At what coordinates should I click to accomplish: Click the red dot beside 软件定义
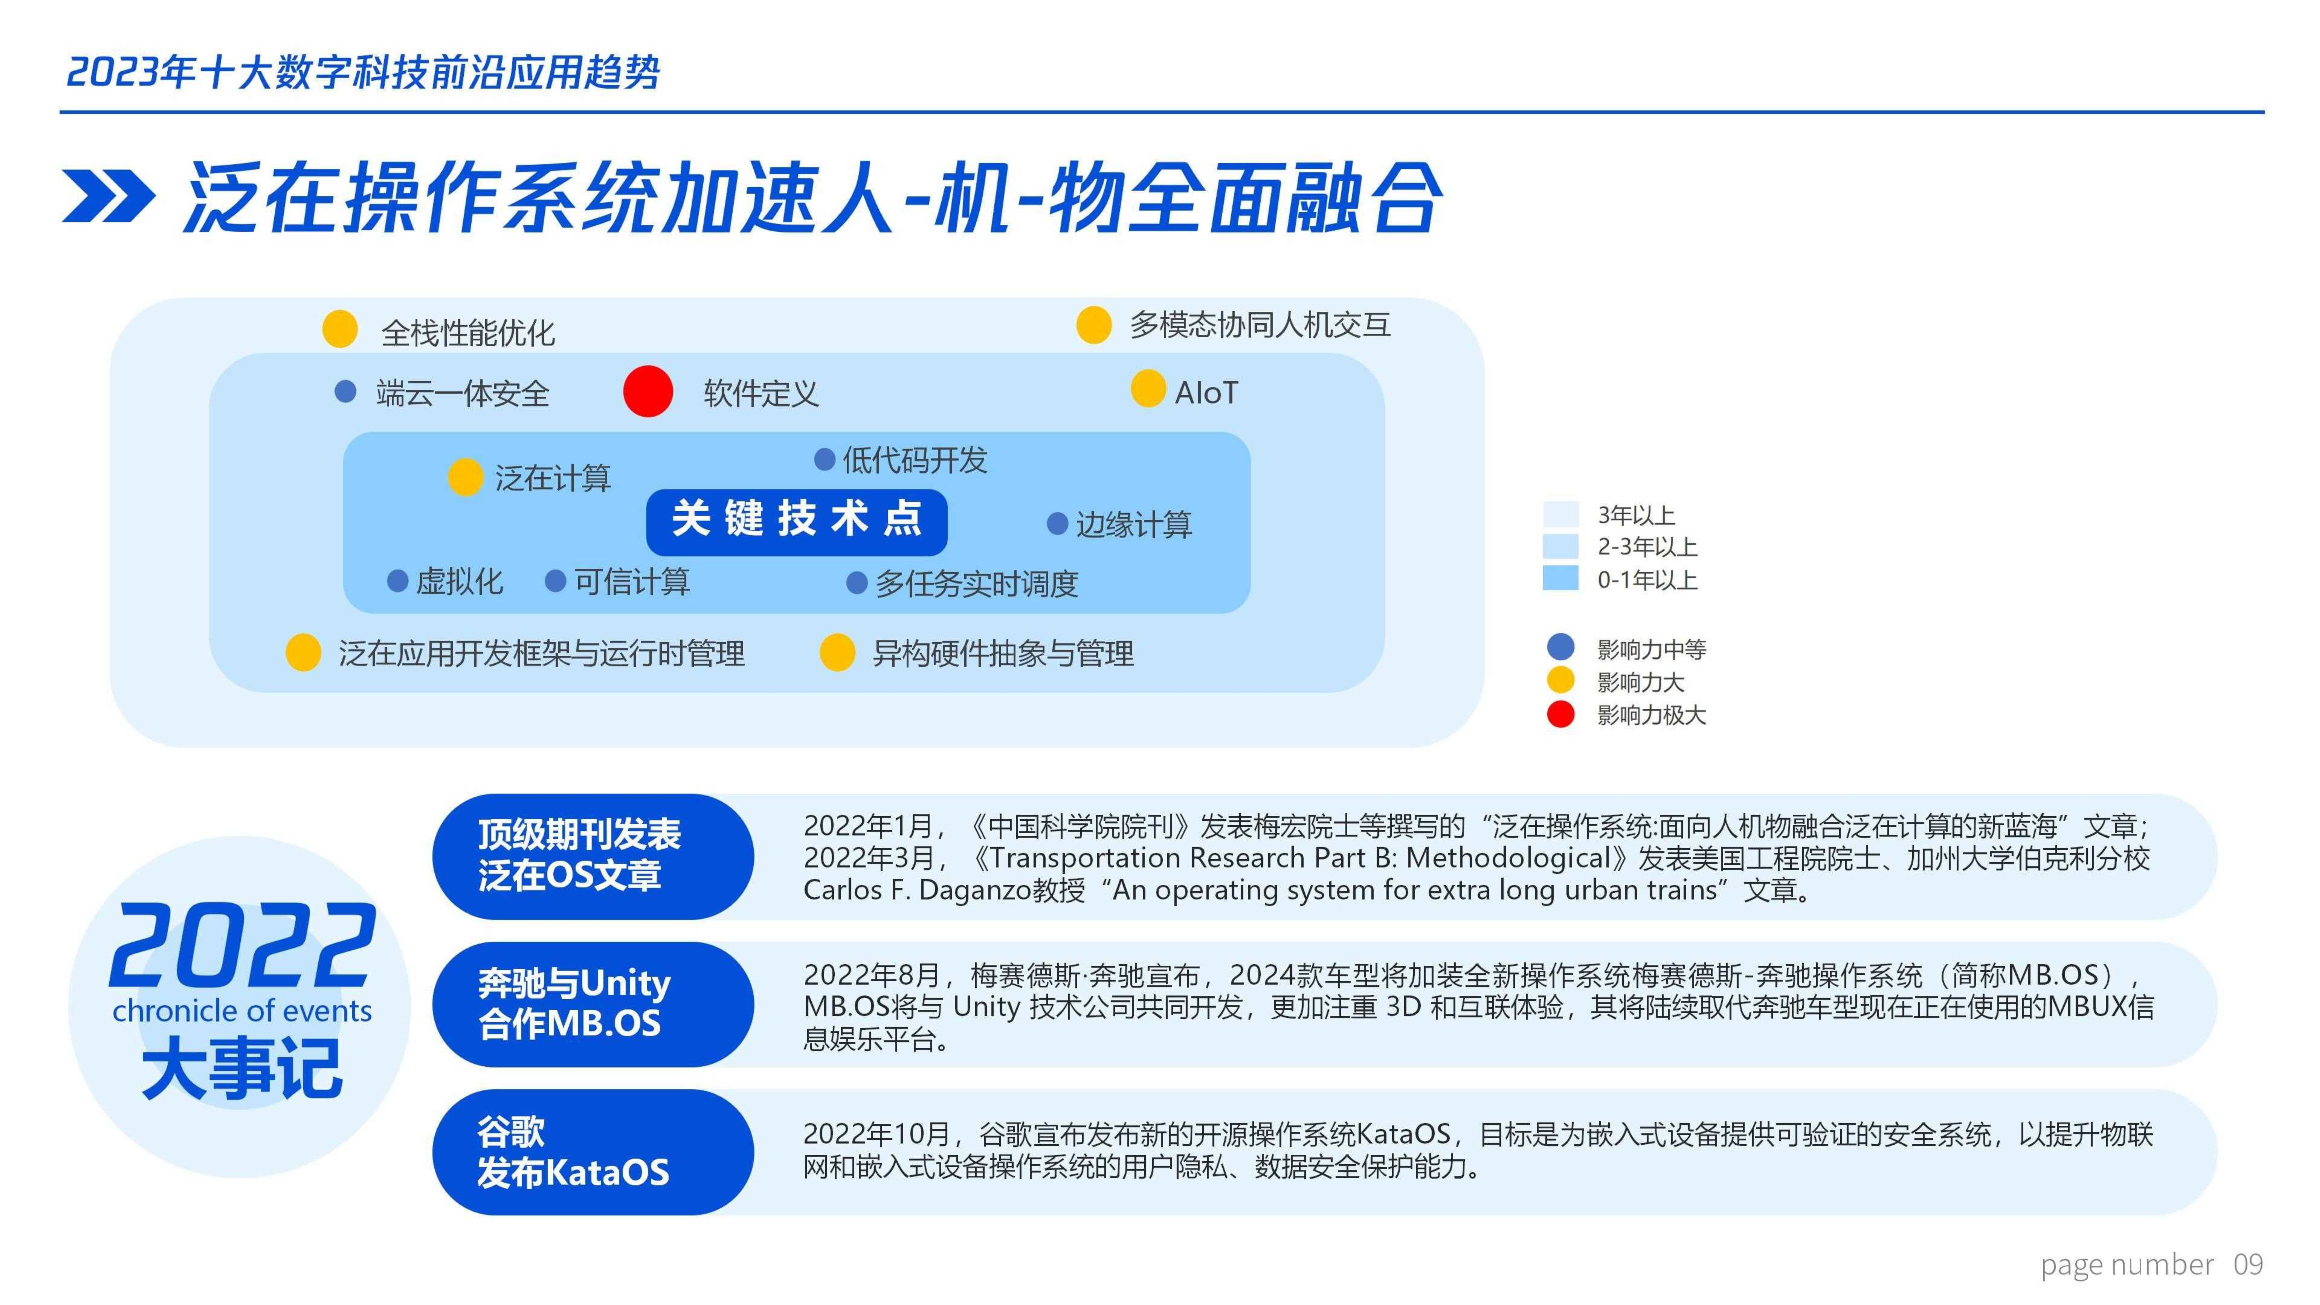pyautogui.click(x=648, y=392)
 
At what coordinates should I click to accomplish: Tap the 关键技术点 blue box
pyautogui.click(x=796, y=521)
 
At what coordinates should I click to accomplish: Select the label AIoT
pyautogui.click(x=1206, y=393)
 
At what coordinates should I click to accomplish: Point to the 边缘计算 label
pyautogui.click(x=1133, y=524)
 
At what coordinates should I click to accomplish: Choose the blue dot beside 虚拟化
pyautogui.click(x=397, y=581)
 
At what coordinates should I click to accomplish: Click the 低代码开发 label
pyautogui.click(x=914, y=460)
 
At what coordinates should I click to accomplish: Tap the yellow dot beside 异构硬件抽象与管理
pyautogui.click(x=837, y=652)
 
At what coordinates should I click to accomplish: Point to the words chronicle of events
pyautogui.click(x=241, y=1010)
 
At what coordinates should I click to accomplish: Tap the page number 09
pyautogui.click(x=2248, y=1264)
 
